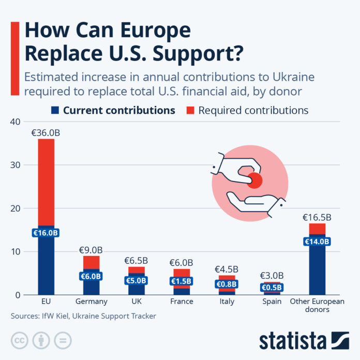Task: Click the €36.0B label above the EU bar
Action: point(46,133)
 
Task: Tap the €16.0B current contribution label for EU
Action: point(46,233)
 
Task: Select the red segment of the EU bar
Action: point(46,181)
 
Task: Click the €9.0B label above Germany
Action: point(91,250)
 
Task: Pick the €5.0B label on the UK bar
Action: point(136,281)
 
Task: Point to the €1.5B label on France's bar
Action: point(181,281)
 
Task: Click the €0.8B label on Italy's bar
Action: point(226,284)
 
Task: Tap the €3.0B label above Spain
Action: point(271,276)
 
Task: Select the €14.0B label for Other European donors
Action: point(317,242)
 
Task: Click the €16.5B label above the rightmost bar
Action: point(317,217)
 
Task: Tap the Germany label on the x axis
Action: point(91,302)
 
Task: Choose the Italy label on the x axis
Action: point(226,302)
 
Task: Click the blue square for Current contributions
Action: point(55,110)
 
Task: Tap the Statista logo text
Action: point(293,341)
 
